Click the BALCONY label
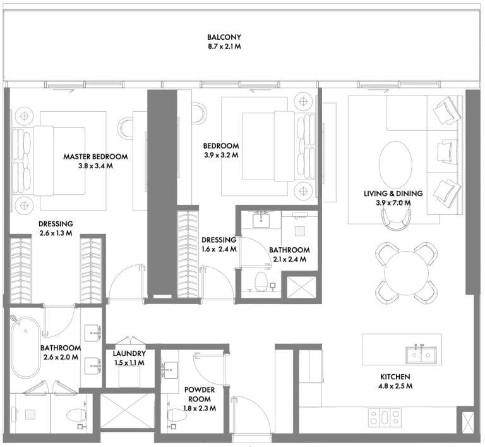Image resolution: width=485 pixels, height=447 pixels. click(224, 37)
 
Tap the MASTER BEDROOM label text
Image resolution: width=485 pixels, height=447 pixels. click(95, 156)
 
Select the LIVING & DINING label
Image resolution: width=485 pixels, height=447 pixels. click(393, 193)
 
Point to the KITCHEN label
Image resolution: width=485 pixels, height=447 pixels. click(395, 377)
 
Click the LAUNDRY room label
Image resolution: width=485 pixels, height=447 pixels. click(129, 353)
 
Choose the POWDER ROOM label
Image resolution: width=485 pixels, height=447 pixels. click(200, 394)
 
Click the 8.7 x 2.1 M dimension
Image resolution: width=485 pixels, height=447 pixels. click(224, 47)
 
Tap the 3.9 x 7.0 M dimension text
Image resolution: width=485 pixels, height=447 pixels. click(393, 203)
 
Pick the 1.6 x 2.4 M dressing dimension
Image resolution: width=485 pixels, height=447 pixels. click(219, 249)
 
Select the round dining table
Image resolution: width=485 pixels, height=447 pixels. click(407, 272)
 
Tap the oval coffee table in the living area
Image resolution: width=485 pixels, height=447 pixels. click(395, 164)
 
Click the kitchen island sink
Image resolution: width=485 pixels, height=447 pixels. click(421, 355)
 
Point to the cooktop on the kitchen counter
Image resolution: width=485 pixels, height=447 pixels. click(385, 417)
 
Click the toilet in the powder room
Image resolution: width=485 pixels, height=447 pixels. click(177, 415)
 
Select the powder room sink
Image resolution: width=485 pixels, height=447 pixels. click(171, 370)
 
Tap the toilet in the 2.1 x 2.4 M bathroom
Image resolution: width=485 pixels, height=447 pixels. click(261, 281)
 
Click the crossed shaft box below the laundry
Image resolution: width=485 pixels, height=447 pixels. click(128, 411)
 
